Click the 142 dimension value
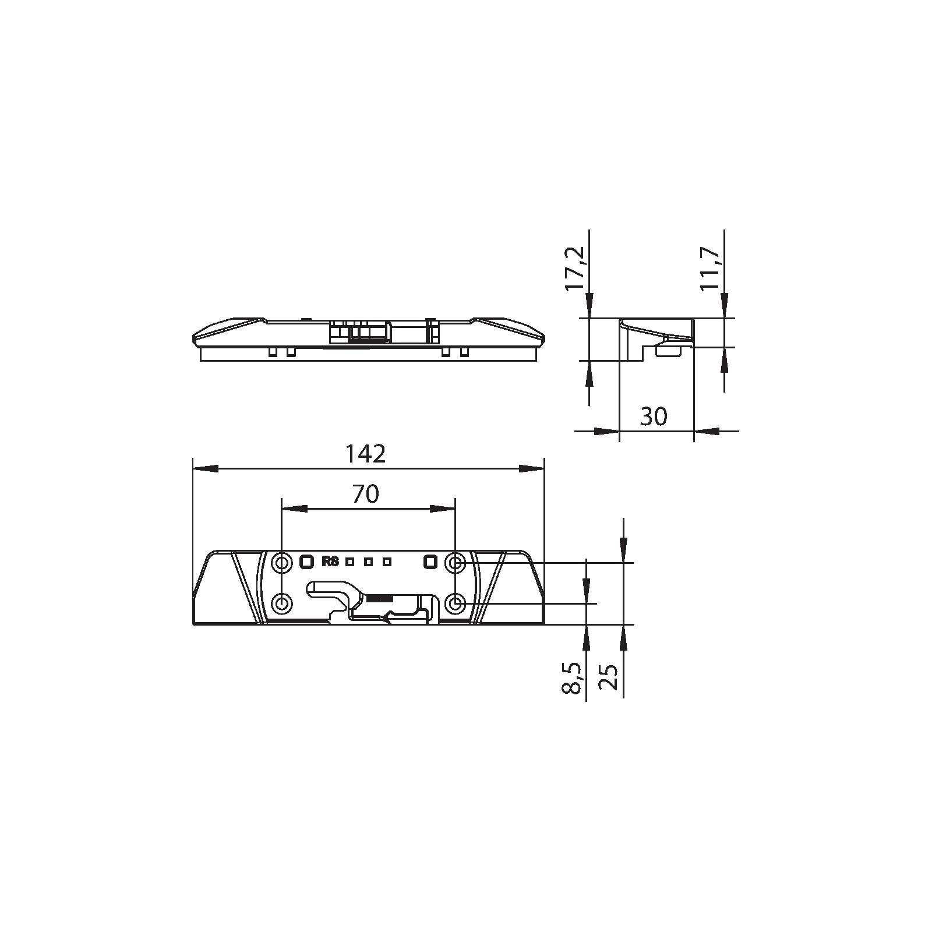(366, 454)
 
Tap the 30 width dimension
(654, 416)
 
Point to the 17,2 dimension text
(575, 269)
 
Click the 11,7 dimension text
(710, 269)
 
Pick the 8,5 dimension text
(573, 677)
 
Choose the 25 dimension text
(609, 677)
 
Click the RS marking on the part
(330, 562)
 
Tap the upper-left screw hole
(283, 563)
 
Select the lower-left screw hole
(283, 603)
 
